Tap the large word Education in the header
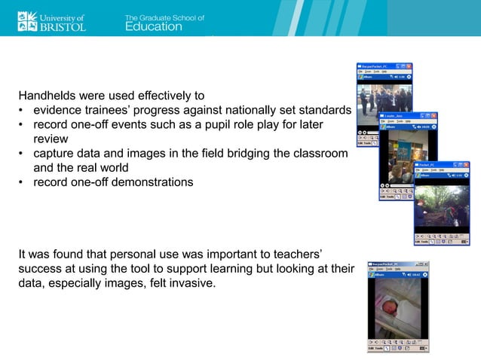153,27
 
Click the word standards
326,111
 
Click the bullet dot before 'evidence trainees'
22,111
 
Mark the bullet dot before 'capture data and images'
22,154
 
